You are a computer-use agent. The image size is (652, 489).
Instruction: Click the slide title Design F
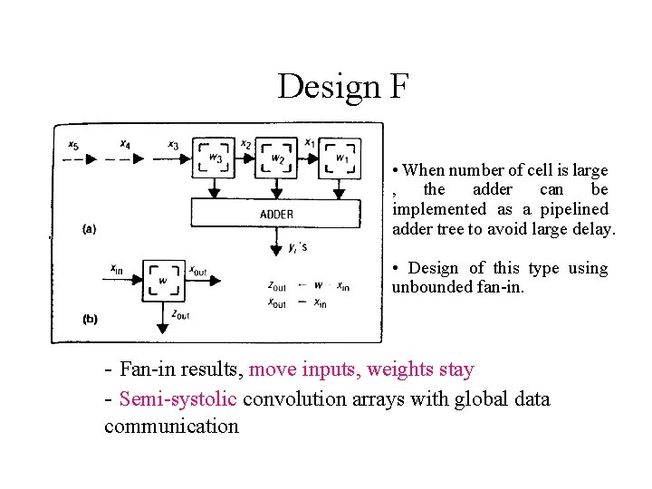(344, 87)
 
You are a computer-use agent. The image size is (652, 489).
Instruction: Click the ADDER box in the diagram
(276, 214)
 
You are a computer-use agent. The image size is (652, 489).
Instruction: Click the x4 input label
(125, 144)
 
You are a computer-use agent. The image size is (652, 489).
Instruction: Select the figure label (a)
(90, 229)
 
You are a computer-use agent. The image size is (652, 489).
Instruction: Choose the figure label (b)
(90, 319)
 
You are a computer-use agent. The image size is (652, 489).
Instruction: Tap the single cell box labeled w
(163, 280)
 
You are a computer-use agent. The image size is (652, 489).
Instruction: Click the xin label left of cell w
(117, 268)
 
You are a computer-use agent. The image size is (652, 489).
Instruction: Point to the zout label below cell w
(179, 314)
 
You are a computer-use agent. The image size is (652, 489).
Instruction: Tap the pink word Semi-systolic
(177, 399)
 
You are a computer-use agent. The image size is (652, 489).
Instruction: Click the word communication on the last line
(171, 427)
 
